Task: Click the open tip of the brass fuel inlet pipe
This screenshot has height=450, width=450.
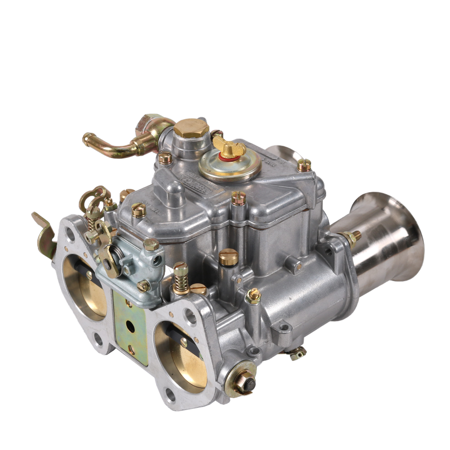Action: [86, 138]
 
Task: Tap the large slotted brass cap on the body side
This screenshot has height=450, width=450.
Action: [226, 257]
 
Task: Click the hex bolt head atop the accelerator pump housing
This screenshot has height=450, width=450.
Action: [151, 244]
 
